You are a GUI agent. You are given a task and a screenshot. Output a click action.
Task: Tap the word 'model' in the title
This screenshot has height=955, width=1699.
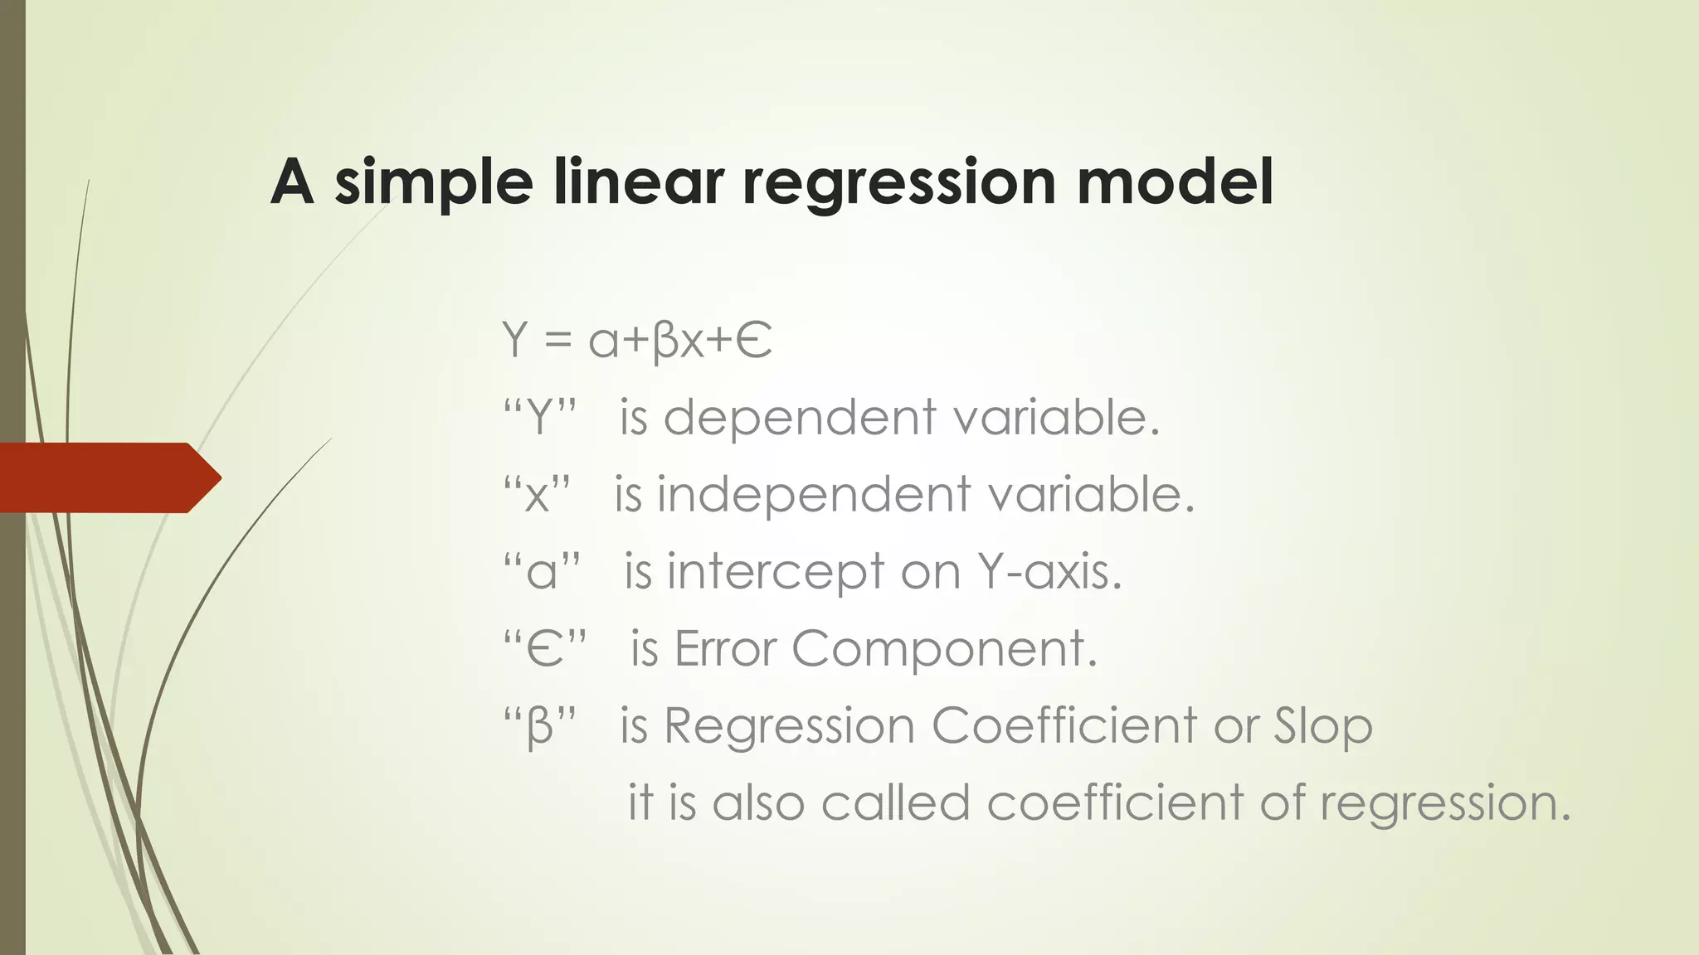(1175, 182)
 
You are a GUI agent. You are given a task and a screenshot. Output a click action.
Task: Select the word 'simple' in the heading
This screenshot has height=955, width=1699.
(433, 183)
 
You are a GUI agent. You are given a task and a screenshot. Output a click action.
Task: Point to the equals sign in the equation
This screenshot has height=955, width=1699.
(558, 340)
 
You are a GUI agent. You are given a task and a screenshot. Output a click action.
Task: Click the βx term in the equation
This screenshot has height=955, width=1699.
(678, 341)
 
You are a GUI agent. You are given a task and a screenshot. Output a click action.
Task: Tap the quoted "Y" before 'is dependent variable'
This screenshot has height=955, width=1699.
(540, 417)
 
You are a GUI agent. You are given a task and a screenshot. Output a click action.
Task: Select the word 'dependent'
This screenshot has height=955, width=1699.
(800, 417)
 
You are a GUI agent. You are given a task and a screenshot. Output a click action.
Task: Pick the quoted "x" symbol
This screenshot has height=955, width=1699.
(538, 495)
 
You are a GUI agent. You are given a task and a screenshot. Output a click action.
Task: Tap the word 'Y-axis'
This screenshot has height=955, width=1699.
(1049, 571)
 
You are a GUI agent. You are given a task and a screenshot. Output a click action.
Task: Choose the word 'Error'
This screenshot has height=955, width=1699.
(726, 648)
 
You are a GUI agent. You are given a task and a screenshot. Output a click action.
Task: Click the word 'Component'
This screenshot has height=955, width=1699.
(944, 650)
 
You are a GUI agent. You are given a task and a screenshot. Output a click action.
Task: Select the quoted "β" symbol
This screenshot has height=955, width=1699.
(540, 727)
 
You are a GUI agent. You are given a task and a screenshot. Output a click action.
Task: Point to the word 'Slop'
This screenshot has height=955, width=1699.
(1323, 727)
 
